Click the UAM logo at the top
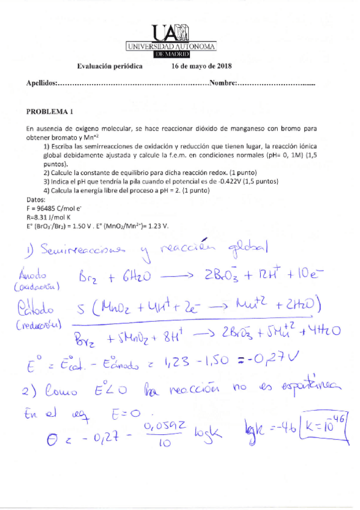point(171,41)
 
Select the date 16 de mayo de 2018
point(202,67)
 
